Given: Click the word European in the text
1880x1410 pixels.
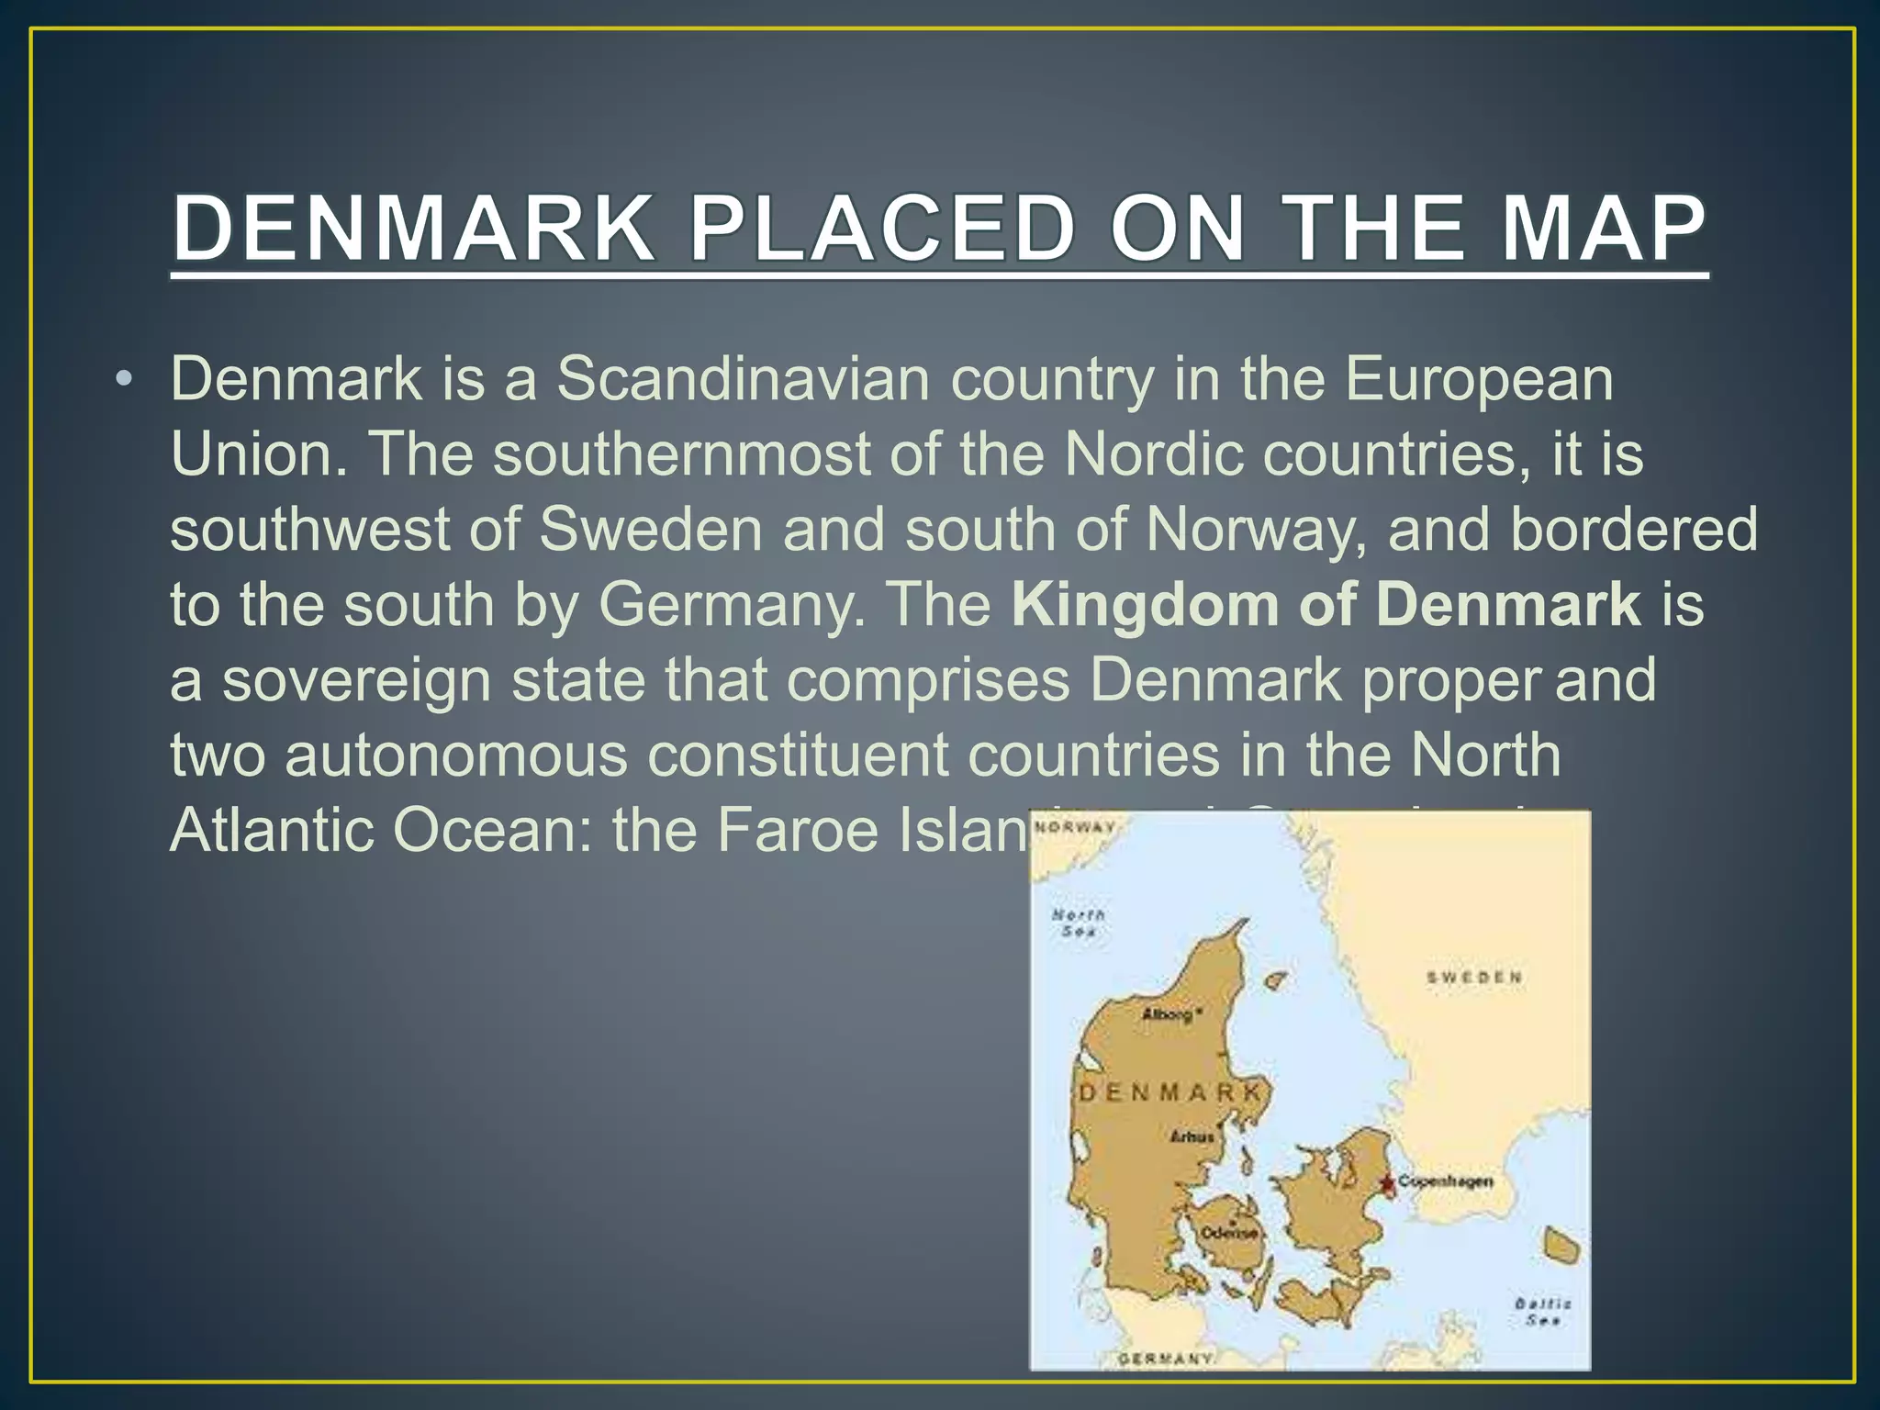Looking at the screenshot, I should pyautogui.click(x=1479, y=378).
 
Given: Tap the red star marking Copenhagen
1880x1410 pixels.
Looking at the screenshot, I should pyautogui.click(x=1386, y=1183).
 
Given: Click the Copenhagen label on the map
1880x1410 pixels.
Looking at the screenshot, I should pyautogui.click(x=1445, y=1181).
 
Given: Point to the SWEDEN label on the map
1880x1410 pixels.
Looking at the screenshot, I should pyautogui.click(x=1474, y=977).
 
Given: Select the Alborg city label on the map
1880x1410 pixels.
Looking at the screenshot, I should pyautogui.click(x=1168, y=1014).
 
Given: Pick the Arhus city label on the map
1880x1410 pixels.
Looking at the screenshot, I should pyautogui.click(x=1192, y=1136).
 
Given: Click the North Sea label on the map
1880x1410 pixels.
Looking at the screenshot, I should pyautogui.click(x=1078, y=923).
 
